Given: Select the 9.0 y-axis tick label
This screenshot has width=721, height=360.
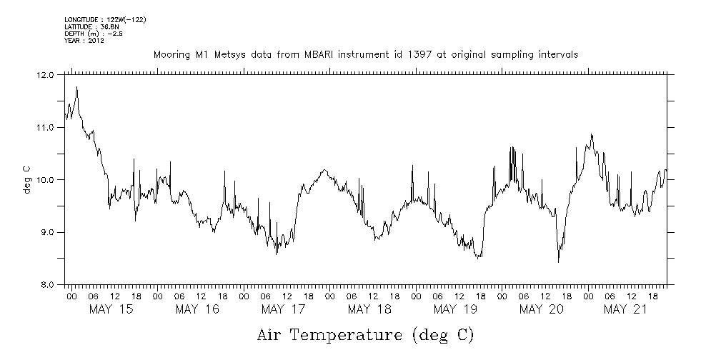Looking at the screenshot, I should pyautogui.click(x=46, y=232).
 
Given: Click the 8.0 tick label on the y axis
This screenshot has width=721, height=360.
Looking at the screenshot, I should pyautogui.click(x=46, y=284).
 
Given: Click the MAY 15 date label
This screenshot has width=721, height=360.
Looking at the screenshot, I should pyautogui.click(x=111, y=309).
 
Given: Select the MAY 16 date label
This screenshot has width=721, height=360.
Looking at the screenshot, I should pyautogui.click(x=197, y=309).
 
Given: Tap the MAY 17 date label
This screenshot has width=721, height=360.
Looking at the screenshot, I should pyautogui.click(x=283, y=309).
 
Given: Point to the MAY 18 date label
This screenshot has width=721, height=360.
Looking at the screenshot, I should pyautogui.click(x=369, y=309).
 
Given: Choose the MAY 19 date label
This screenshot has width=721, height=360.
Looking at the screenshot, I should pyautogui.click(x=455, y=309).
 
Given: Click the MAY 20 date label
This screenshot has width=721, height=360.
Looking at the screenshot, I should pyautogui.click(x=541, y=309).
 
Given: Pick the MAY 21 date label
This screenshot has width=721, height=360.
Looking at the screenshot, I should pyautogui.click(x=627, y=309).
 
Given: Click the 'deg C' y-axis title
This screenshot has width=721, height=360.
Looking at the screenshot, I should pyautogui.click(x=26, y=179).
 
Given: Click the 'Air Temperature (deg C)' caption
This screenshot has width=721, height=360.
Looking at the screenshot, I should pyautogui.click(x=364, y=334).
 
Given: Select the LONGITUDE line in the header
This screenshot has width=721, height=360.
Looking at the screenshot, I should pyautogui.click(x=106, y=18).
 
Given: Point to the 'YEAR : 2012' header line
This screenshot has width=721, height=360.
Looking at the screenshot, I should pyautogui.click(x=84, y=41).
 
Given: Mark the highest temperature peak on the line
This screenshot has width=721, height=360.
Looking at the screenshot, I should pyautogui.click(x=76, y=86).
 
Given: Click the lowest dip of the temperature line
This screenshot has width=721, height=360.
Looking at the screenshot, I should pyautogui.click(x=558, y=262).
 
